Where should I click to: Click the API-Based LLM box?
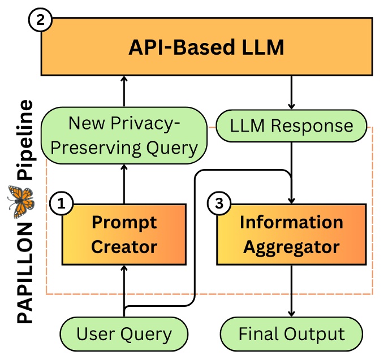click(x=206, y=48)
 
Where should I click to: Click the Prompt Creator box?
click(x=124, y=234)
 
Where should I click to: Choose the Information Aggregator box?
click(x=291, y=234)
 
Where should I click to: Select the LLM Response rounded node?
click(x=291, y=125)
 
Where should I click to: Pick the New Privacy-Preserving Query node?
click(x=124, y=135)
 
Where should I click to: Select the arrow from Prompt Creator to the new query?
click(x=123, y=182)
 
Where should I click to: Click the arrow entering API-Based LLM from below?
click(x=123, y=93)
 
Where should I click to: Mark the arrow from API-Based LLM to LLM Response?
click(x=291, y=94)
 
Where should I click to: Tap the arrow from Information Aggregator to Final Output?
click(x=291, y=291)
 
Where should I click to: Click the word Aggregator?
click(x=291, y=246)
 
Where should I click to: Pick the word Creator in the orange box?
click(x=124, y=246)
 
